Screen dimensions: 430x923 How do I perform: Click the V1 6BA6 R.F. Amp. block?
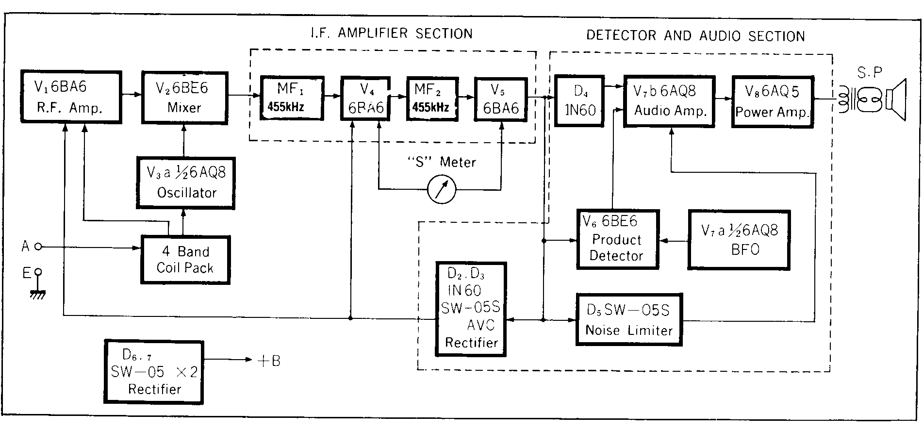pyautogui.click(x=71, y=97)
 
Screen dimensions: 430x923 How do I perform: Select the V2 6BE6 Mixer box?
pyautogui.click(x=184, y=98)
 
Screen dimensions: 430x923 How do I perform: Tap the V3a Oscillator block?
pyautogui.click(x=186, y=183)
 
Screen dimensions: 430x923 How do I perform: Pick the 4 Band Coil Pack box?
pyautogui.click(x=185, y=260)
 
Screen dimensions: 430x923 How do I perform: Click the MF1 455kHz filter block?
pyautogui.click(x=292, y=98)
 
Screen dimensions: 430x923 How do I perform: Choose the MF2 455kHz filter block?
pyautogui.click(x=431, y=98)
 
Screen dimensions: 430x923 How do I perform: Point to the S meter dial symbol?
pyautogui.click(x=442, y=189)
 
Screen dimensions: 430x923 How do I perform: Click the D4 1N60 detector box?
pyautogui.click(x=579, y=100)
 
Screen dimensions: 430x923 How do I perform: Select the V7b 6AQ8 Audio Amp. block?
pyautogui.click(x=669, y=101)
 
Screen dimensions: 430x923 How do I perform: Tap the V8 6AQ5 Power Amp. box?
pyautogui.click(x=773, y=101)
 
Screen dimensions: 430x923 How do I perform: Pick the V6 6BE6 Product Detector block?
pyautogui.click(x=617, y=239)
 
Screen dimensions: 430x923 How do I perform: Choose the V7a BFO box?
pyautogui.click(x=739, y=240)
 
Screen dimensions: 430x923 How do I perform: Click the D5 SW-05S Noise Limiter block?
pyautogui.click(x=629, y=319)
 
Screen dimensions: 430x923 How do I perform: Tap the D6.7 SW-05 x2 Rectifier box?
pyautogui.click(x=154, y=372)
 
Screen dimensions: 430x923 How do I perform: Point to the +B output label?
pyautogui.click(x=268, y=361)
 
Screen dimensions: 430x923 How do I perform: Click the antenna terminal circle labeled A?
pyautogui.click(x=38, y=247)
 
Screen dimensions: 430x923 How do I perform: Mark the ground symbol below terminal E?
pyautogui.click(x=38, y=293)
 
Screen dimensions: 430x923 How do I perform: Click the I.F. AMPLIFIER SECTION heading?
pyautogui.click(x=391, y=33)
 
